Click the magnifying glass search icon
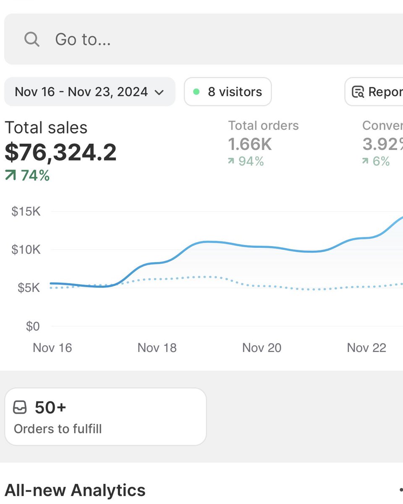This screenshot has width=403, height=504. click(32, 39)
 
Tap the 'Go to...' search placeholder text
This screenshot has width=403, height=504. click(83, 39)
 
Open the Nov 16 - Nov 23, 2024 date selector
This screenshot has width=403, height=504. click(89, 92)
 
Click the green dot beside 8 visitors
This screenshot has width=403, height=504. click(196, 92)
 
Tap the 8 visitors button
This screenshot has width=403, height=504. click(228, 92)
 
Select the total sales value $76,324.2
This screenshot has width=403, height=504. click(60, 152)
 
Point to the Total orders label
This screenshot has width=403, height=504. click(263, 126)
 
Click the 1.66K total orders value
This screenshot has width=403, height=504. click(250, 144)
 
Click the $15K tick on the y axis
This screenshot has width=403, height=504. click(26, 211)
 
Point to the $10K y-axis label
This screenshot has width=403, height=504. click(26, 249)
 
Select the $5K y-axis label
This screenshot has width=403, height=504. click(29, 288)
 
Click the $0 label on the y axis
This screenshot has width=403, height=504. click(33, 326)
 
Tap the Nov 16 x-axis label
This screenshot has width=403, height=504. click(52, 348)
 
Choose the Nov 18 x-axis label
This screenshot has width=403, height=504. click(157, 348)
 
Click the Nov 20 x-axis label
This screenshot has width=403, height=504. click(262, 348)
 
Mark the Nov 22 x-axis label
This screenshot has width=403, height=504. click(366, 348)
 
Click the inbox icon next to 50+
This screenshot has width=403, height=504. click(20, 407)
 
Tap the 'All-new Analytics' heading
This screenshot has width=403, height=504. click(75, 490)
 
